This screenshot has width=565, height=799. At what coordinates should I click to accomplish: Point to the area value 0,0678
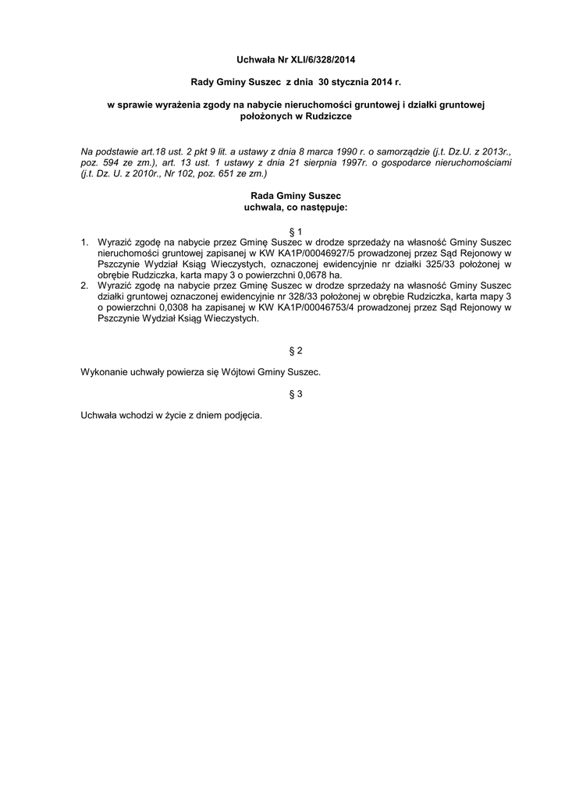point(307,275)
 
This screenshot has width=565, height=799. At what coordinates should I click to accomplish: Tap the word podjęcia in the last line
point(242,416)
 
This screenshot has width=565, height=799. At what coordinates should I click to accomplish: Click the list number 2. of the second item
point(86,286)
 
